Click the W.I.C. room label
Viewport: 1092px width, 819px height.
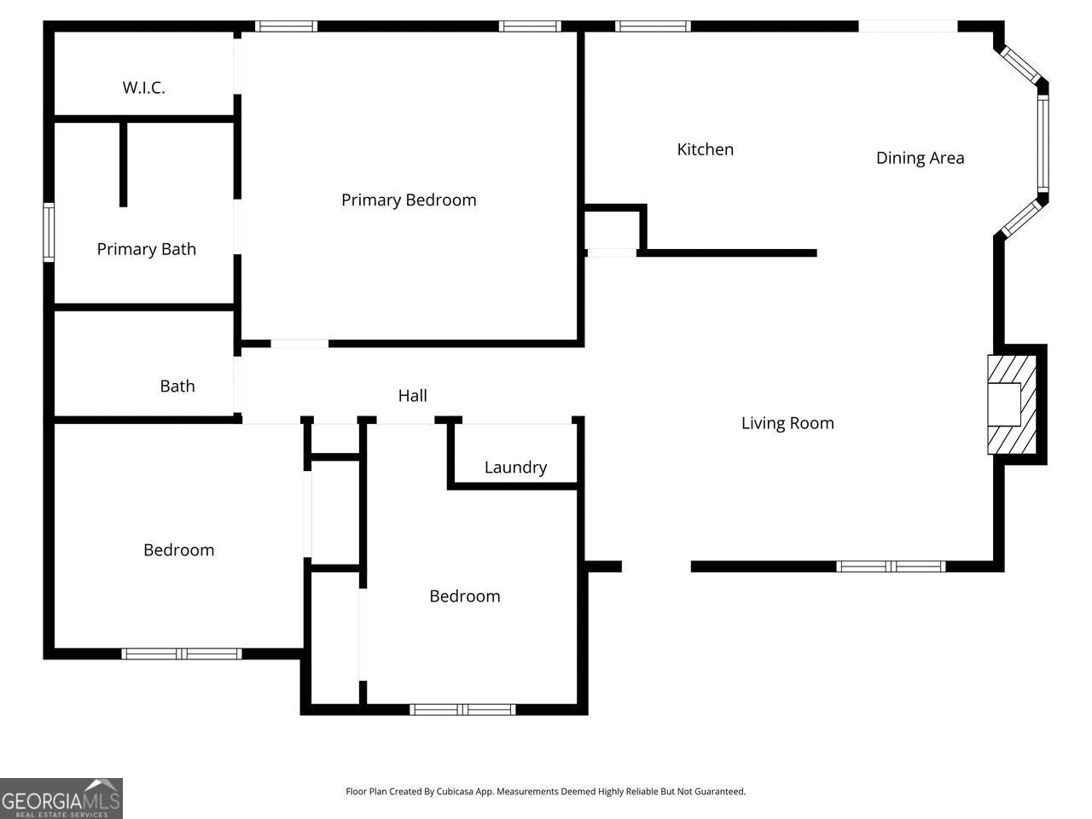pyautogui.click(x=143, y=87)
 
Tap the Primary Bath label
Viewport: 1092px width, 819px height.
pyautogui.click(x=146, y=249)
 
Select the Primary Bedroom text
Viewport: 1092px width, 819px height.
pyautogui.click(x=409, y=200)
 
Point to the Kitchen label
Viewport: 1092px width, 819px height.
pyautogui.click(x=705, y=149)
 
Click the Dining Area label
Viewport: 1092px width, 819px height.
pyautogui.click(x=920, y=158)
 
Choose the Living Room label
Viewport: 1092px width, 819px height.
pyautogui.click(x=787, y=423)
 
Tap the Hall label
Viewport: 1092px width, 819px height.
pyautogui.click(x=412, y=396)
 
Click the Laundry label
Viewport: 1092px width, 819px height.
pyautogui.click(x=515, y=468)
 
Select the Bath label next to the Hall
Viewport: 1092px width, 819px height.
pyautogui.click(x=177, y=386)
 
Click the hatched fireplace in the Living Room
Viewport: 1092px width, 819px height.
pyautogui.click(x=1011, y=404)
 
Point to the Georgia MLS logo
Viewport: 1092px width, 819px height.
pyautogui.click(x=61, y=799)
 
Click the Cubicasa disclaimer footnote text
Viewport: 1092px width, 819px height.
pyautogui.click(x=545, y=792)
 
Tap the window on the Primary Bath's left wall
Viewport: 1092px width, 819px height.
pyautogui.click(x=49, y=231)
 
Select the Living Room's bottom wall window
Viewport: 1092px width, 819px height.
pyautogui.click(x=891, y=566)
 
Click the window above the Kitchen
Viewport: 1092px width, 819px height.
pyautogui.click(x=653, y=26)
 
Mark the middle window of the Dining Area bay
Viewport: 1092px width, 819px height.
pyautogui.click(x=1043, y=144)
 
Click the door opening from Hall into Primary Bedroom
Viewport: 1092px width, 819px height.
pyautogui.click(x=299, y=344)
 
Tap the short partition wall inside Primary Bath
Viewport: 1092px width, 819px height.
pyautogui.click(x=124, y=164)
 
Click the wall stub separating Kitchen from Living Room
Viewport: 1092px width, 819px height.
pyautogui.click(x=729, y=253)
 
